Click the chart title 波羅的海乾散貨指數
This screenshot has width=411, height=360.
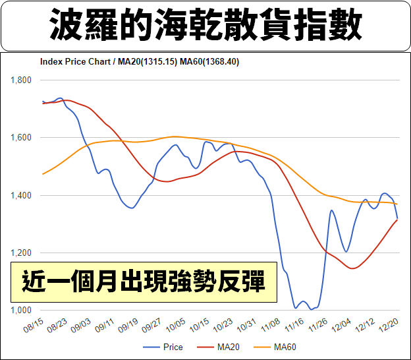[205, 26]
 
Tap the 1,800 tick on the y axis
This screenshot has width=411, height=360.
[22, 80]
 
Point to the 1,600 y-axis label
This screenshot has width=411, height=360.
[22, 138]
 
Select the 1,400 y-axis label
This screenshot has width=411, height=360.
[22, 195]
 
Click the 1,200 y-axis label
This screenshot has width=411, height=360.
[22, 253]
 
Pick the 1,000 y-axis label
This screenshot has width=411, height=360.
[22, 310]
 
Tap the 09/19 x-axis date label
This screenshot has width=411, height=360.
[126, 326]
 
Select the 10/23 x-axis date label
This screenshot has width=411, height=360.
[221, 326]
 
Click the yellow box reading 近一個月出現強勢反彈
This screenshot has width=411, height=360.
[144, 282]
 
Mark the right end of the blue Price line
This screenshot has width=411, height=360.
[397, 218]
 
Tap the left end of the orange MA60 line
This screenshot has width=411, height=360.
[42, 174]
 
